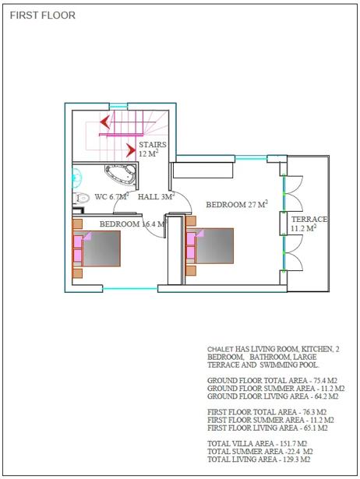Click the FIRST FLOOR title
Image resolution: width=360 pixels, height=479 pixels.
pyautogui.click(x=43, y=16)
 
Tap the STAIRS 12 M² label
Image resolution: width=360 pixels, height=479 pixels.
pyautogui.click(x=153, y=149)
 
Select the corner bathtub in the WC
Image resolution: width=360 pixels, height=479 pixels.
pyautogui.click(x=120, y=175)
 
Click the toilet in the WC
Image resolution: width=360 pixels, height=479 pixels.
pyautogui.click(x=81, y=198)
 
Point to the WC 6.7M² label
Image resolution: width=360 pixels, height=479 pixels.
pyautogui.click(x=111, y=196)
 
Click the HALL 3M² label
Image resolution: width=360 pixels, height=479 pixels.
pyautogui.click(x=156, y=196)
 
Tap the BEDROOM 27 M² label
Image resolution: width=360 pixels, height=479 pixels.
pyautogui.click(x=237, y=204)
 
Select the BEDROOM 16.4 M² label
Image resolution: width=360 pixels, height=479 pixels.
pyautogui.click(x=132, y=224)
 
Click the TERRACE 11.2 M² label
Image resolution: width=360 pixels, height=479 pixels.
pyautogui.click(x=309, y=224)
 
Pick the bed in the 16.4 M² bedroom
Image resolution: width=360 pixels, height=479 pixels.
pyautogui.click(x=97, y=248)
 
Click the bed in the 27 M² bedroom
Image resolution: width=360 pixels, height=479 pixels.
pyautogui.click(x=210, y=245)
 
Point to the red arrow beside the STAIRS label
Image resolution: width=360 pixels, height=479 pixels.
pyautogui.click(x=131, y=150)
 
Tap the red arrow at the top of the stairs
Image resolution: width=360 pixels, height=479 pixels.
pyautogui.click(x=104, y=122)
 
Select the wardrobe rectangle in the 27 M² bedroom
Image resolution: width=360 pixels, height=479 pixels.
pyautogui.click(x=203, y=170)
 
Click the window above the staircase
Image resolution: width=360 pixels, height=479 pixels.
pyautogui.click(x=118, y=106)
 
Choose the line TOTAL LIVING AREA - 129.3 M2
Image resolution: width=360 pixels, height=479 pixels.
pyautogui.click(x=259, y=460)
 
